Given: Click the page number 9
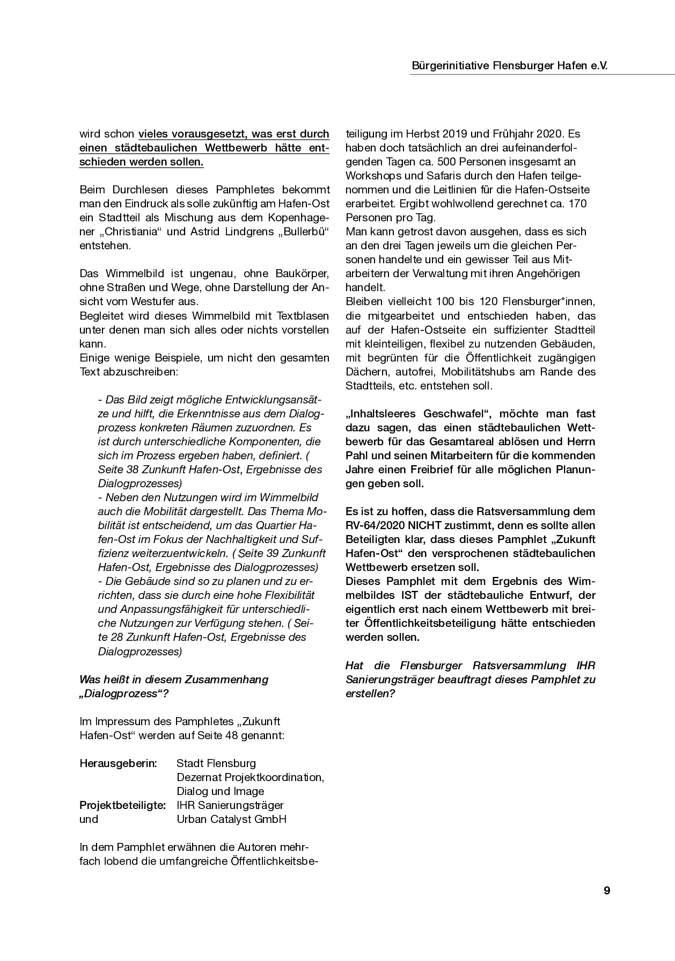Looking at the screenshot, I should pos(607,891).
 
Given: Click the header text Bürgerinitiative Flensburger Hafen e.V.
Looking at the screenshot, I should pos(512,66).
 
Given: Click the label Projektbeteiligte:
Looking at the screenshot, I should pos(122,805).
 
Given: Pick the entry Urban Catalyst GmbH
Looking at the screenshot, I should pos(231,819).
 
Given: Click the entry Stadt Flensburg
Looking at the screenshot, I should pos(216,763).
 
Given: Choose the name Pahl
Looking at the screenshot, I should pos(358,456).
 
